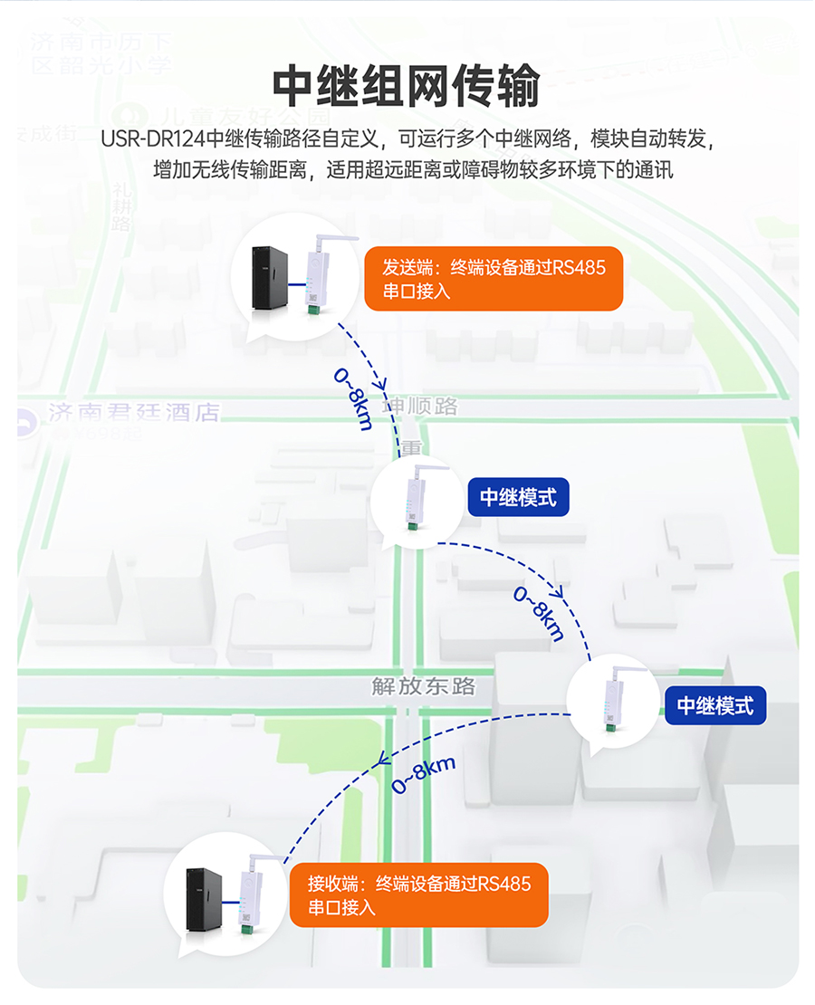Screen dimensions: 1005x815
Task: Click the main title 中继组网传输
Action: pos(407,87)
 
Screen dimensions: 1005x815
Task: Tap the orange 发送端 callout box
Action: pos(493,278)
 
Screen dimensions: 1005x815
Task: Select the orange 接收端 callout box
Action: pos(418,895)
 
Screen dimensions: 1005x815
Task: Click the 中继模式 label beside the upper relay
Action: pos(518,497)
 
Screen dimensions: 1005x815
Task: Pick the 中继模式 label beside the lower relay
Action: pos(715,704)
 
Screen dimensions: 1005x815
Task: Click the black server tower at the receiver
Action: pos(204,898)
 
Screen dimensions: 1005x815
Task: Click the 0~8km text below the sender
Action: pos(353,398)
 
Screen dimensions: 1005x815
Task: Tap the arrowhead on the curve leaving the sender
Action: pos(383,384)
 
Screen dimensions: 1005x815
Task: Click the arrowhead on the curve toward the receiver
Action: pos(383,758)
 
